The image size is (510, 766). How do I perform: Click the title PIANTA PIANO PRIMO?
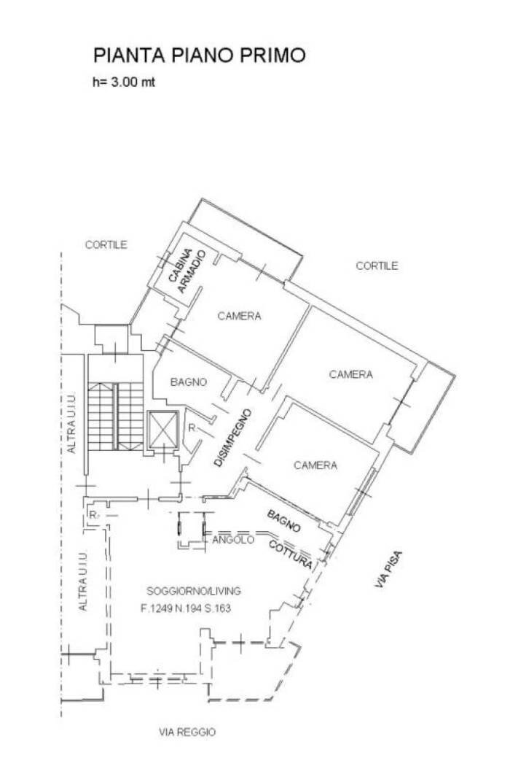(x=199, y=55)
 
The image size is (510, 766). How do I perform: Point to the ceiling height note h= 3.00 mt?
(x=123, y=82)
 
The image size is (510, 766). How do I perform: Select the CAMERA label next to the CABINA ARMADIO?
(x=239, y=316)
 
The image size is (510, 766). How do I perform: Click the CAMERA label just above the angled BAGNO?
(x=315, y=465)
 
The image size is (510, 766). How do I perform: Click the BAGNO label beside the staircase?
(x=189, y=382)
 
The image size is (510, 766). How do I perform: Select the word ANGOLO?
(x=232, y=541)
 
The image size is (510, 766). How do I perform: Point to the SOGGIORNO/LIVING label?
(x=194, y=591)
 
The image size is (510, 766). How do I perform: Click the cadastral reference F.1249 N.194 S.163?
(x=186, y=608)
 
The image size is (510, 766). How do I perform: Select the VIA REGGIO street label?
(x=187, y=732)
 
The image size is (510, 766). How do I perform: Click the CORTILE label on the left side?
(x=106, y=245)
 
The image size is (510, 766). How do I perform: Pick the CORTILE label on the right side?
(x=377, y=266)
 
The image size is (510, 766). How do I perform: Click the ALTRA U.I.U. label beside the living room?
(x=84, y=580)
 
